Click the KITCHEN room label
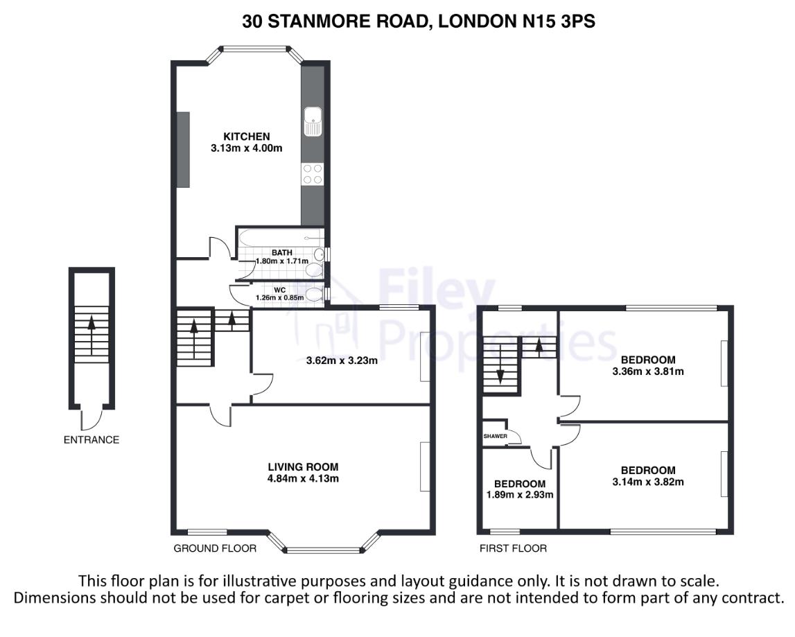tap(247, 137)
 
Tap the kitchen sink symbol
tap(313, 121)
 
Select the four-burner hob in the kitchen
tap(313, 174)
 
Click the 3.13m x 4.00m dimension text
tap(247, 148)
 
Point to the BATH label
tap(282, 252)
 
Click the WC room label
tap(279, 290)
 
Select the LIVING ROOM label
tap(303, 467)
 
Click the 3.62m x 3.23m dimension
tap(342, 361)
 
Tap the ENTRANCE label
tap(91, 440)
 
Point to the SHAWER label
tap(496, 436)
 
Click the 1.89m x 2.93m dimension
tap(520, 495)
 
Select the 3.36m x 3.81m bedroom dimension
tap(648, 372)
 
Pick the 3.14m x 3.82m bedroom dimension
tap(648, 482)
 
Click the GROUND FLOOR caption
tap(215, 548)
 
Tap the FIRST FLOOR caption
tap(513, 548)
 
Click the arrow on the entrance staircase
tap(91, 335)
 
